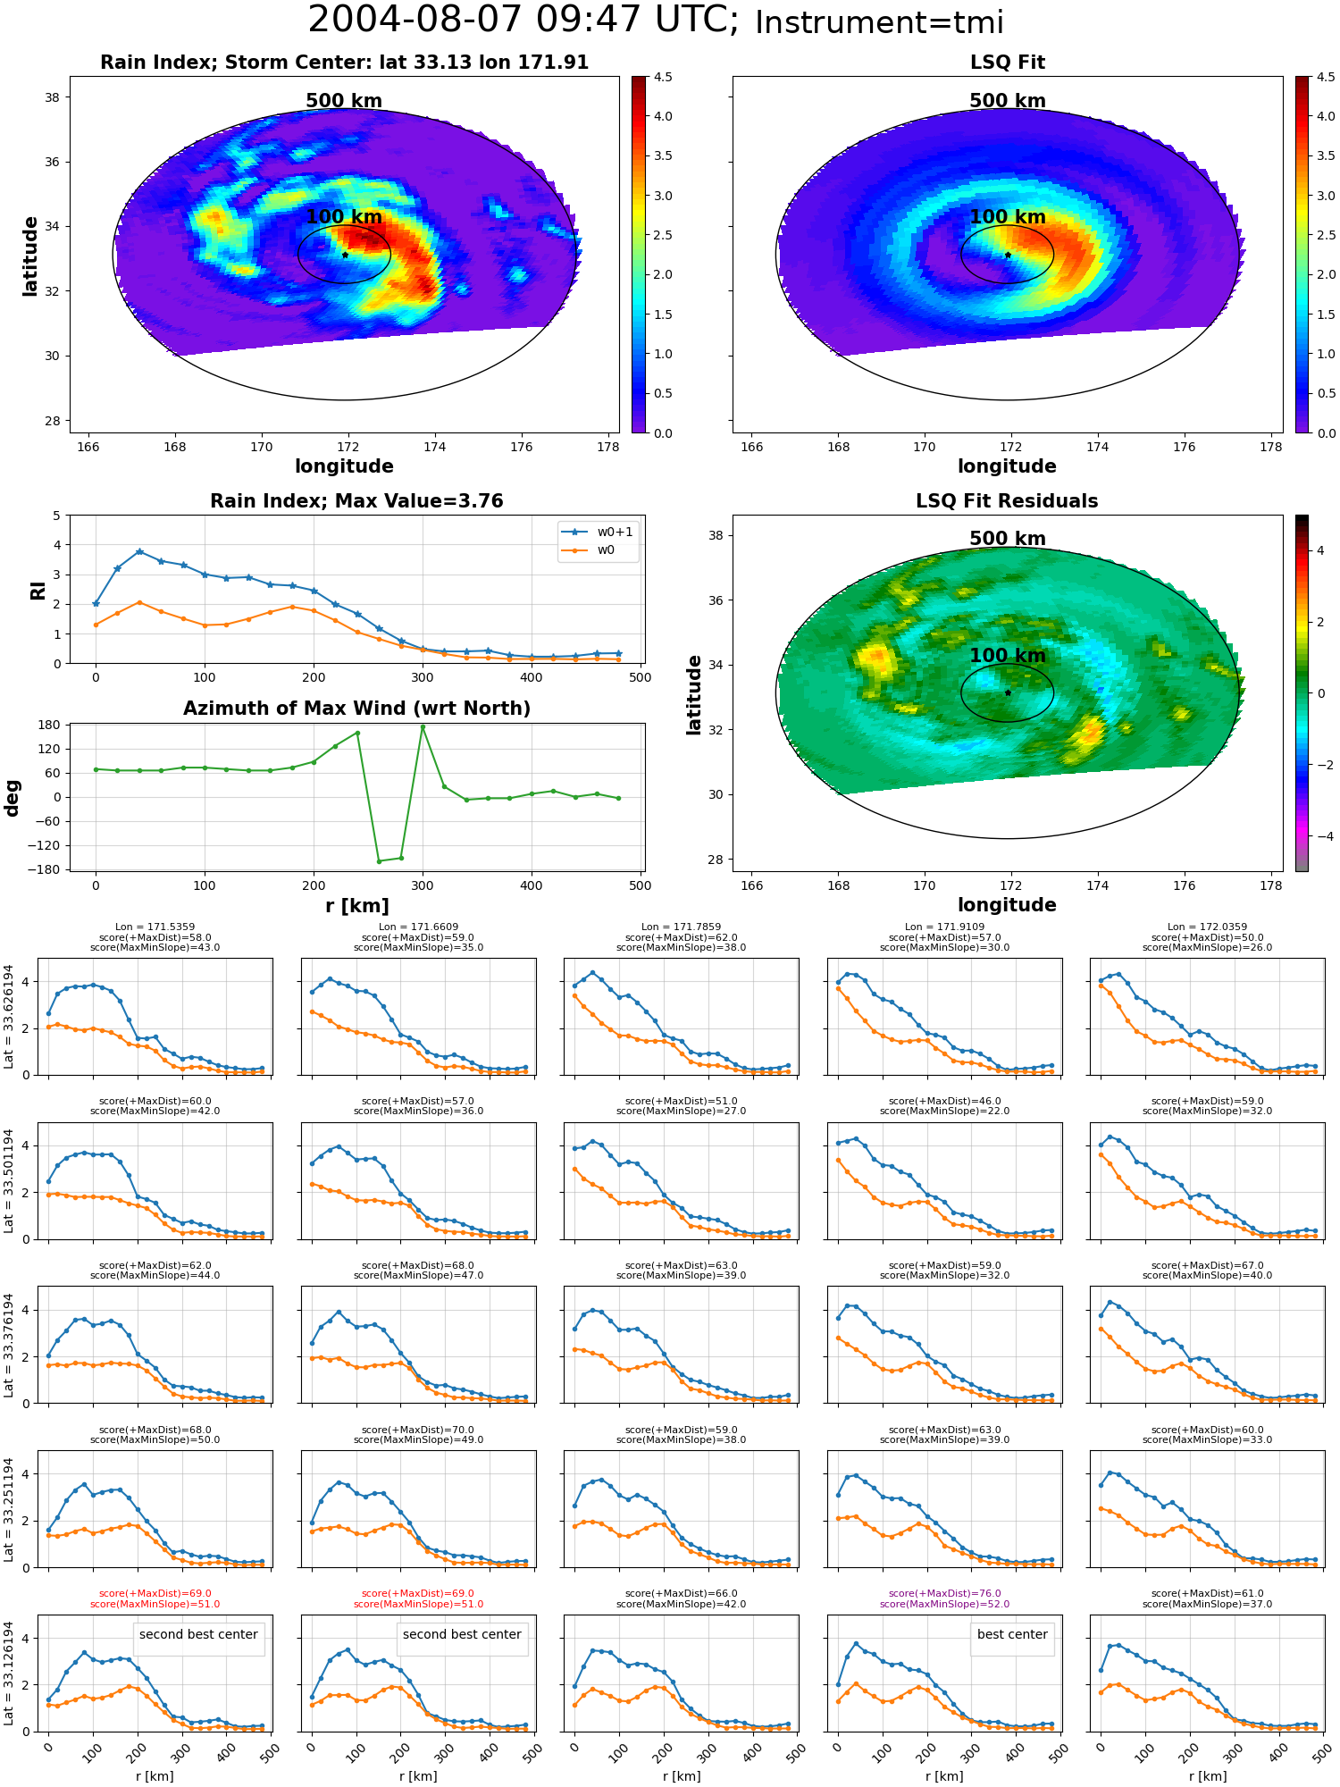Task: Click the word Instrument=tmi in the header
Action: pos(879,23)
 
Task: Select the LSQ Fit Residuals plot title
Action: pos(1007,501)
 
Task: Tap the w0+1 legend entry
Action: pos(598,533)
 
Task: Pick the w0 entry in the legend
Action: pos(589,550)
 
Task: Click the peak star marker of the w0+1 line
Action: pos(139,552)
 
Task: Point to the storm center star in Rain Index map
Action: pos(345,255)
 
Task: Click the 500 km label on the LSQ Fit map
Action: pos(1008,101)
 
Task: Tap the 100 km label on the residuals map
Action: pos(1008,656)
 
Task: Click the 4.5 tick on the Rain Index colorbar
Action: pos(663,77)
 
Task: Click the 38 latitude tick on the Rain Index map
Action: pos(52,97)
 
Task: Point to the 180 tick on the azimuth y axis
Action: pos(49,725)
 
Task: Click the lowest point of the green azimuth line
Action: pos(379,861)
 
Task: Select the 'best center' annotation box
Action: pos(1012,1635)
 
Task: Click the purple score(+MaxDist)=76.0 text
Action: pos(944,1594)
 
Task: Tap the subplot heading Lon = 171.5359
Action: pos(155,927)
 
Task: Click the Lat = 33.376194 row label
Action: pos(9,1345)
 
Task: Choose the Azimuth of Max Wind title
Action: pos(356,709)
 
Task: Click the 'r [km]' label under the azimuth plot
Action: pos(356,906)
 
